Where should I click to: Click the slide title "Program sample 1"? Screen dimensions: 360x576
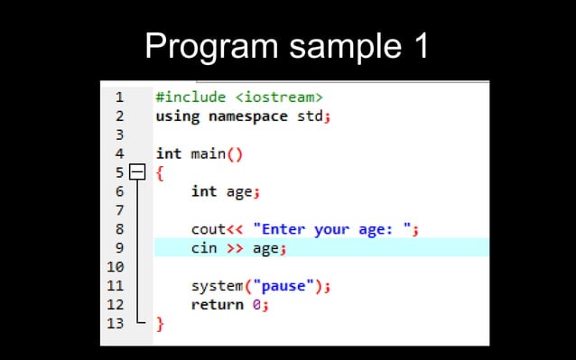(287, 44)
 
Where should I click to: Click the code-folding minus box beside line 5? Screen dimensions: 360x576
(136, 171)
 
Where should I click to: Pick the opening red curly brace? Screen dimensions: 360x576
(160, 171)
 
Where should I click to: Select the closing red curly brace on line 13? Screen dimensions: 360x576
(160, 323)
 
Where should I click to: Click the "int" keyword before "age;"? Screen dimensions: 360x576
(204, 191)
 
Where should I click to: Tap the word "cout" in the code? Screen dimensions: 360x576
(208, 229)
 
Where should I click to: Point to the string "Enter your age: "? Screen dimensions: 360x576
(331, 229)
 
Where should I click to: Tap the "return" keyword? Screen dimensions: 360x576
(218, 305)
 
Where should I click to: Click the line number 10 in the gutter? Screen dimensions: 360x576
(116, 267)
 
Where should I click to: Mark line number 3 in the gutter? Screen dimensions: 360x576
(119, 134)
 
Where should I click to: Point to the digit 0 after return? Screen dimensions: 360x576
(256, 305)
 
